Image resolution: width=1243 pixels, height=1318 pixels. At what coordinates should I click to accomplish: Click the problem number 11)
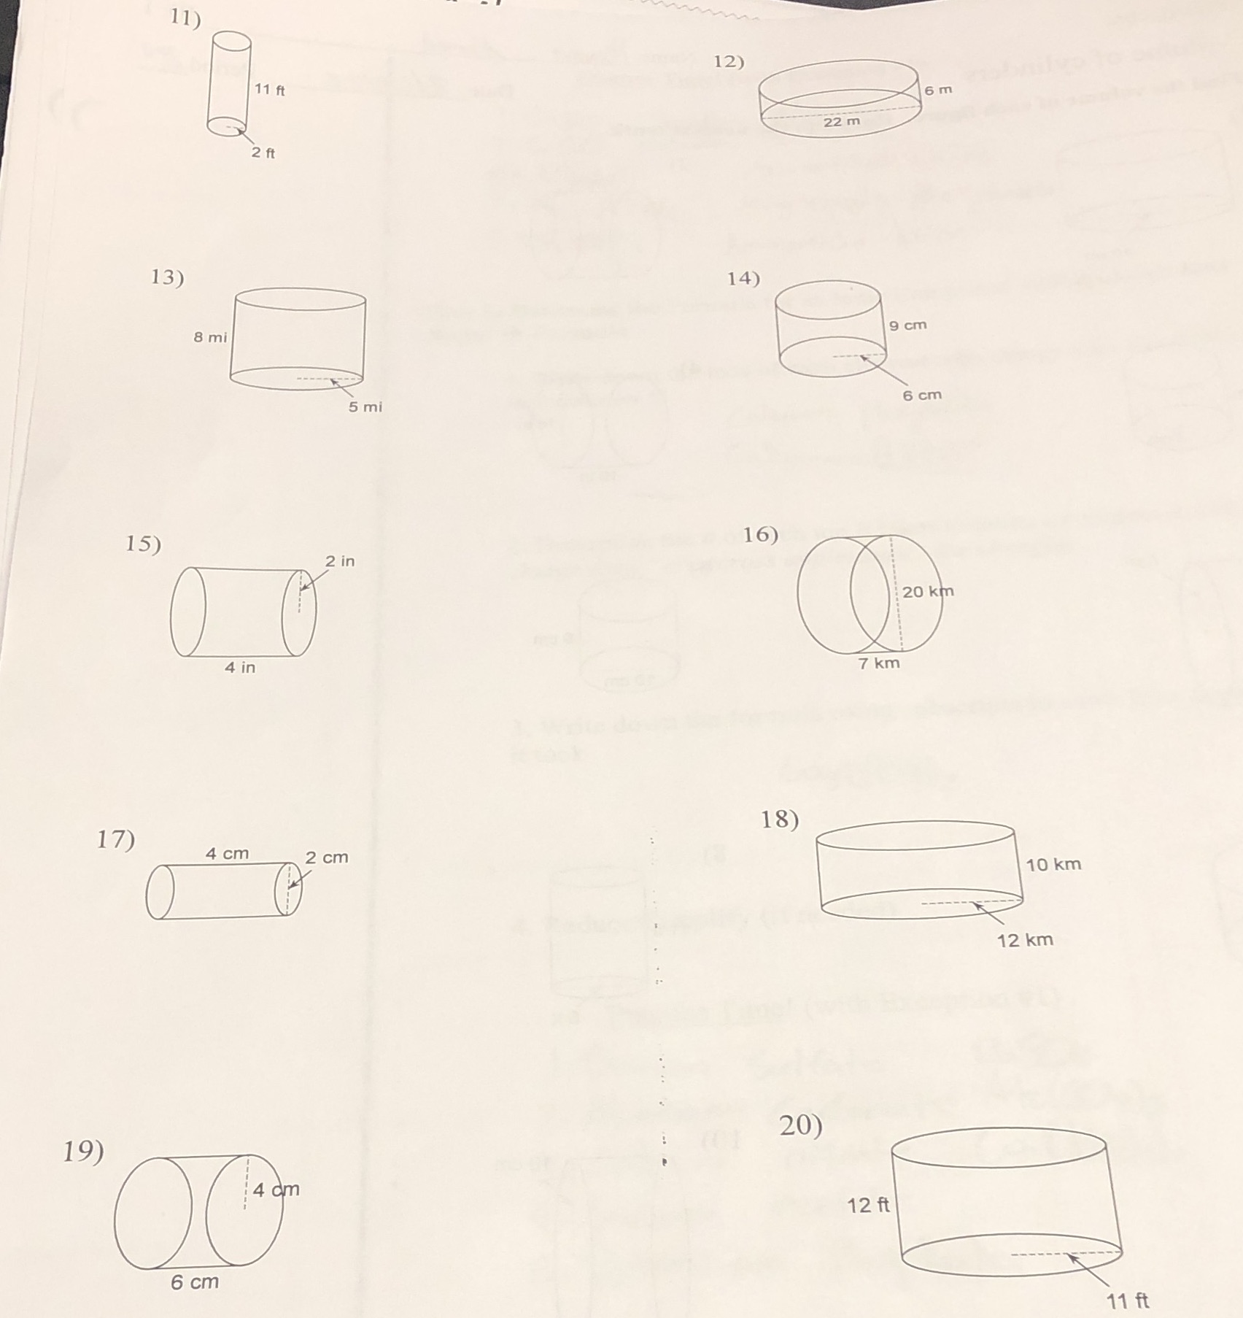(x=185, y=18)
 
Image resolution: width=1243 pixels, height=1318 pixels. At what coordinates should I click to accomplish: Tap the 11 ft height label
(x=269, y=90)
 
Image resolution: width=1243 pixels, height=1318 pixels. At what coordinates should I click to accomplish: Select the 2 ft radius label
(x=263, y=153)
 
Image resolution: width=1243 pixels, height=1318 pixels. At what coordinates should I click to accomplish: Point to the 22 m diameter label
(x=842, y=122)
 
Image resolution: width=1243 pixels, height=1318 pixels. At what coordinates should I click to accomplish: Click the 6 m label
(x=938, y=90)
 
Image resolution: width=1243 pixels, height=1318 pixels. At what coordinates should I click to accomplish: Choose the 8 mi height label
(x=210, y=337)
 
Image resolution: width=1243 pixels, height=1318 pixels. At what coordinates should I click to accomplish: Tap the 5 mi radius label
(x=365, y=407)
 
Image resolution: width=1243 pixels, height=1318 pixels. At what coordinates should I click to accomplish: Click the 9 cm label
(x=908, y=325)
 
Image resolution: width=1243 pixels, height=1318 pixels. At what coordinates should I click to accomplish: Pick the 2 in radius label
(x=340, y=561)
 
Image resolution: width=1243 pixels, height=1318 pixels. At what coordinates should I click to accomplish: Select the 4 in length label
(x=240, y=667)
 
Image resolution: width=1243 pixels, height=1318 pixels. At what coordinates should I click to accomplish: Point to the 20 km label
(x=928, y=591)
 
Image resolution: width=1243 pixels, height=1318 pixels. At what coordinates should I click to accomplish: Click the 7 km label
(x=879, y=663)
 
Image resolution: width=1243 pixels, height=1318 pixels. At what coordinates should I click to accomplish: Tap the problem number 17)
(x=116, y=840)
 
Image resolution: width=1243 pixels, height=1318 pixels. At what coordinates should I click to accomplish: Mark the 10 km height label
(x=1053, y=865)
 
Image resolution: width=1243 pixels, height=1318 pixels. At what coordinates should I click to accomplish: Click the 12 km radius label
(x=1025, y=940)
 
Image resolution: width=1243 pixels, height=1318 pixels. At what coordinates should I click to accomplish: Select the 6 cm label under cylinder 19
(x=195, y=1282)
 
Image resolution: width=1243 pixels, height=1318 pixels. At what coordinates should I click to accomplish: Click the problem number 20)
(x=801, y=1126)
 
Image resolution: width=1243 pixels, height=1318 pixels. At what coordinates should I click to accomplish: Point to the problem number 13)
(x=168, y=277)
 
